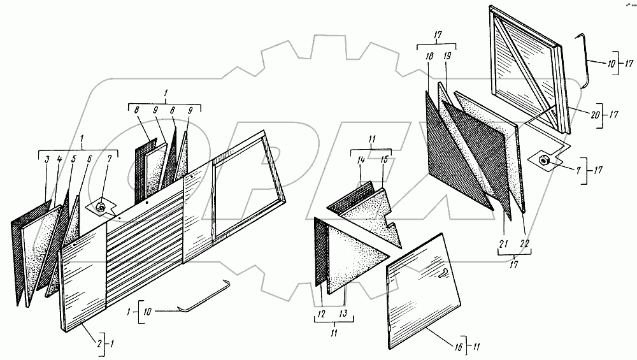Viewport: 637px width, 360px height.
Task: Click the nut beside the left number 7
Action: coord(102,206)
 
